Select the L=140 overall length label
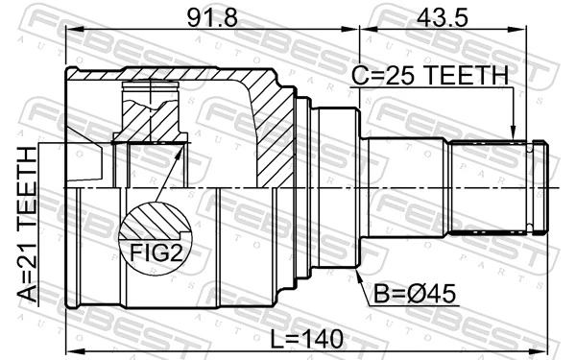pyautogui.click(x=307, y=337)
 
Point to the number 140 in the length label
pyautogui.click(x=324, y=337)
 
